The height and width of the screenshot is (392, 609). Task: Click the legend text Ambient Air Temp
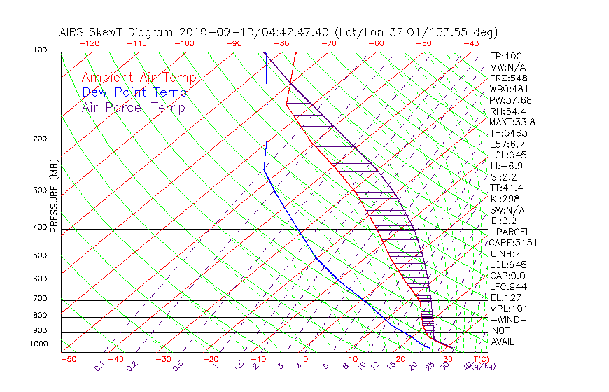[x=139, y=78]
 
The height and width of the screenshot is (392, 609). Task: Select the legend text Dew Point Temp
[x=134, y=92]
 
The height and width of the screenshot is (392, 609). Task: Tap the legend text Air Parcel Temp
[x=133, y=107]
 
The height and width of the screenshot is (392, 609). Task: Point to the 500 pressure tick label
[x=41, y=255]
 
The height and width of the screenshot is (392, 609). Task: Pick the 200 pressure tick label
[x=41, y=139]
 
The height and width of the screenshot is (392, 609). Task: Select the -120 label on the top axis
[x=89, y=43]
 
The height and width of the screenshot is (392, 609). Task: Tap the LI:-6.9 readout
[x=507, y=166]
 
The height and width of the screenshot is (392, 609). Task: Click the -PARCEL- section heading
[x=513, y=232]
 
